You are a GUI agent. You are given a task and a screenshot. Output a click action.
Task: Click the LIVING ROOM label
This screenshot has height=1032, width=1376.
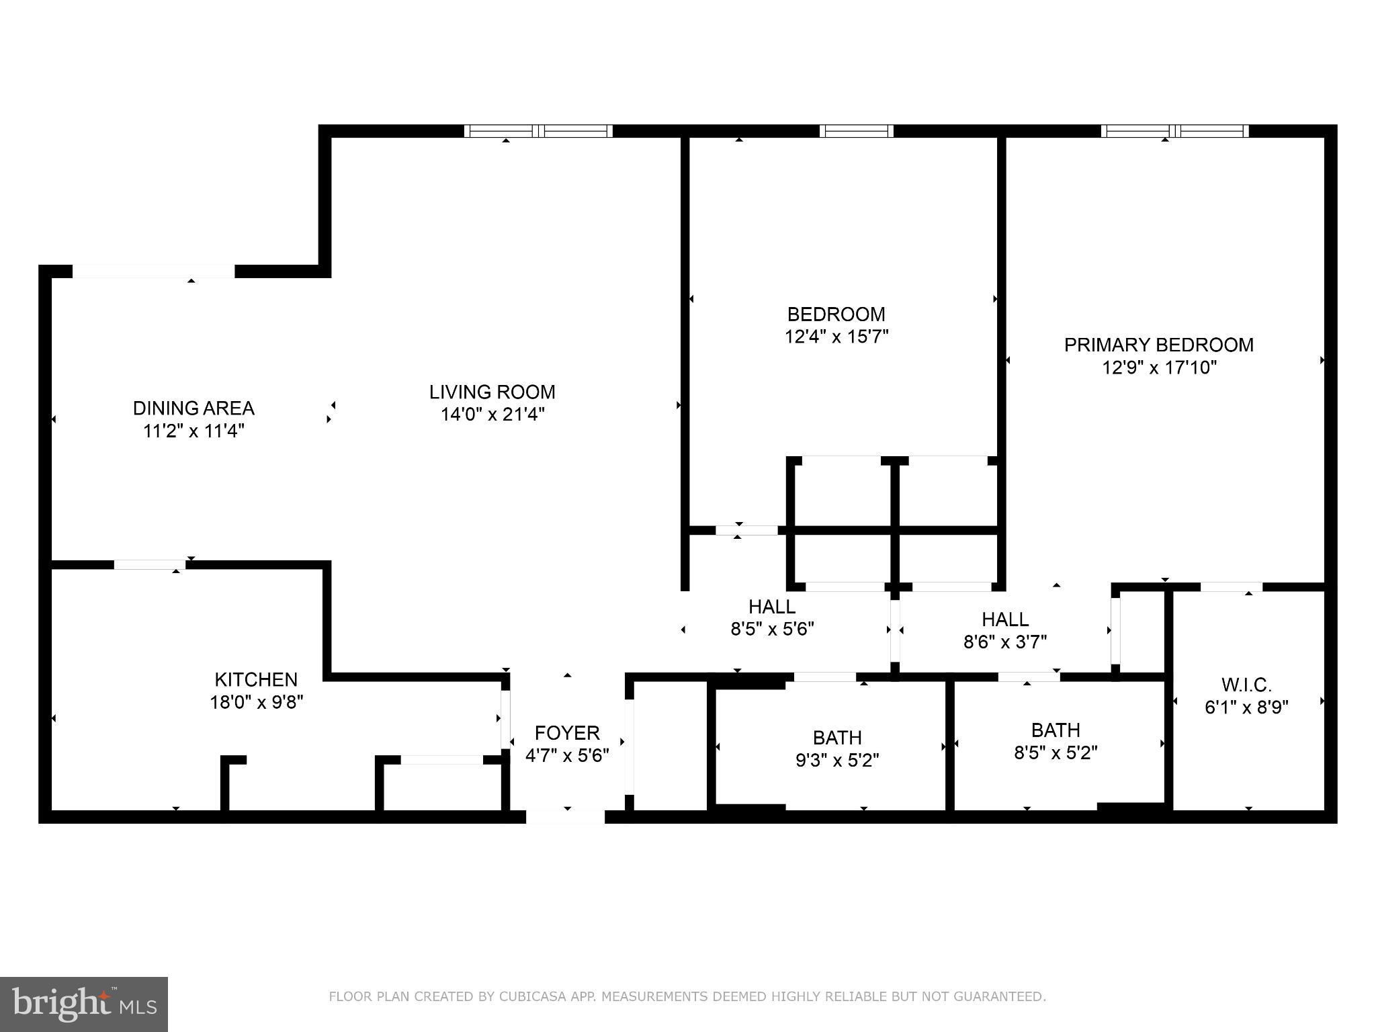pos(492,392)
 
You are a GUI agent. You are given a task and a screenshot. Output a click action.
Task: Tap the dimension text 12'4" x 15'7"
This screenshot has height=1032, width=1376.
pos(836,337)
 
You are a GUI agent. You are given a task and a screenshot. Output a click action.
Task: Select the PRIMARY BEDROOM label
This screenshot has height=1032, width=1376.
pos(1158,345)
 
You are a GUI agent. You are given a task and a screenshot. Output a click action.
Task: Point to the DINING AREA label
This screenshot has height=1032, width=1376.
pos(193,408)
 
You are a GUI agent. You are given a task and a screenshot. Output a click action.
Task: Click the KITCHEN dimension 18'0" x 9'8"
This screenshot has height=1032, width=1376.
pos(256,702)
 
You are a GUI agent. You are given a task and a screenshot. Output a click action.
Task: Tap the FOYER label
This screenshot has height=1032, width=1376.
pos(566,732)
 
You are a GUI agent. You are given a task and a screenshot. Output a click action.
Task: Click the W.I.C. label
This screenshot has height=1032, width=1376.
pos(1246,685)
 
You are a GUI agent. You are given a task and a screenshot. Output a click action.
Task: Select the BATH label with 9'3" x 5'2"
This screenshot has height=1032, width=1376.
pos(836,737)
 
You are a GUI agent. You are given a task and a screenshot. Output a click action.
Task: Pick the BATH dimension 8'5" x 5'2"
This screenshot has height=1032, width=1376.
pos(1056,752)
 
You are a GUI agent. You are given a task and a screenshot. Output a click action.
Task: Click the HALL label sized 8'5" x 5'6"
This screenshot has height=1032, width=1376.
pos(772,606)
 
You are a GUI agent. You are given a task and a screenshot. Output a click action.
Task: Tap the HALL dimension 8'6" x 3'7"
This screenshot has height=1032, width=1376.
pos(1005,642)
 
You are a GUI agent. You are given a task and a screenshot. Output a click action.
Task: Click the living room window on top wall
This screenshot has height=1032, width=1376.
pos(538,131)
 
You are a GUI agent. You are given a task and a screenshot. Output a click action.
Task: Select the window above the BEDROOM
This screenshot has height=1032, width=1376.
pos(856,131)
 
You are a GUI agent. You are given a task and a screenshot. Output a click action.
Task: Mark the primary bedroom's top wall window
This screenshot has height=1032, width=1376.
pos(1174,131)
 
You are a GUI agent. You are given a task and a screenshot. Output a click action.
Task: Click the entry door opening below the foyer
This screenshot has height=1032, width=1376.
pos(565,817)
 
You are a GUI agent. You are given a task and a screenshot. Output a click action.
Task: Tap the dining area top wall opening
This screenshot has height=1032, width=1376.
pos(153,271)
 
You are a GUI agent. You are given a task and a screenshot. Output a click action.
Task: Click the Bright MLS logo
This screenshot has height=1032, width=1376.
pos(83,1004)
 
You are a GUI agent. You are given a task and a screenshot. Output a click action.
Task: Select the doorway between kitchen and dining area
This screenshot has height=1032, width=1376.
pos(149,564)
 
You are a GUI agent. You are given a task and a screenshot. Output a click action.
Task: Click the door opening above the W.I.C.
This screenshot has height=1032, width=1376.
pos(1231,587)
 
